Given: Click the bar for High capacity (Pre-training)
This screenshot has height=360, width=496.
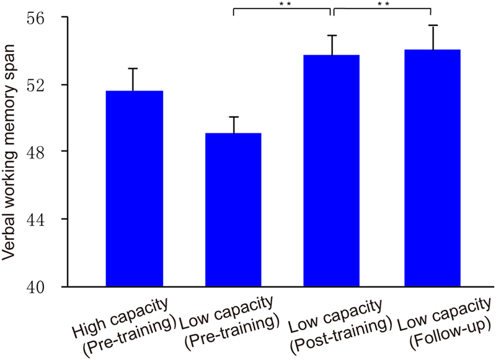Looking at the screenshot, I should pos(135,189).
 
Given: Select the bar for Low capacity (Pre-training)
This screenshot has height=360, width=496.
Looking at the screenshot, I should pos(233,210).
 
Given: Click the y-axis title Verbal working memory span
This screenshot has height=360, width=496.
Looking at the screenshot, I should pos(13,152).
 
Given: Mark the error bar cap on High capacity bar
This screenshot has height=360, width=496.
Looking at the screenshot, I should pos(135,68).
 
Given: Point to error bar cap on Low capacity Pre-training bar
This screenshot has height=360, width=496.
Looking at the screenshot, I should pos(233,116).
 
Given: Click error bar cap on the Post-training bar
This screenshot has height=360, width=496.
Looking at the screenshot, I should pos(331,35).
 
